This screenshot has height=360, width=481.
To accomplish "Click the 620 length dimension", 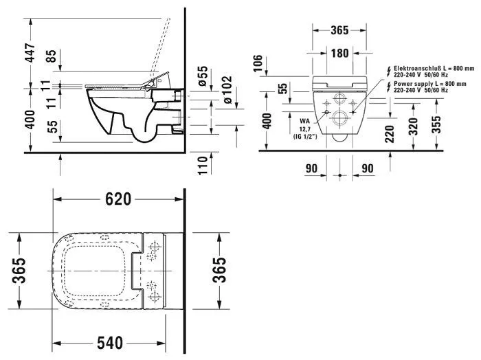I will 118,200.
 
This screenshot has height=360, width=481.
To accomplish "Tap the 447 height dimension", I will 28,51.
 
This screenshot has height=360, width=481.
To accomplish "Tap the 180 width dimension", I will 337,53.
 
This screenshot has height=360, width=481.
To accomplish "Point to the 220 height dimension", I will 390,133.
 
